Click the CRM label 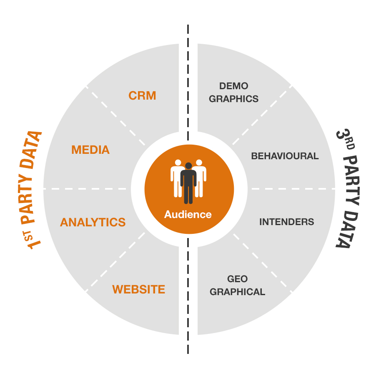pos(142,95)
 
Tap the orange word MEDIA pos(90,150)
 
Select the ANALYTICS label pos(93,222)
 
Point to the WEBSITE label pos(138,289)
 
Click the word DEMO pos(233,86)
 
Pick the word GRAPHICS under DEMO pos(233,99)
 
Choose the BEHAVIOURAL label pos(285,156)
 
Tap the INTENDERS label pos(286,221)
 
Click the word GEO pos(237,278)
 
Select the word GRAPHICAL pos(237,292)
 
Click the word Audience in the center pos(188,215)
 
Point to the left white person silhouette pos(177,177)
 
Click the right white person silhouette pos(200,177)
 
